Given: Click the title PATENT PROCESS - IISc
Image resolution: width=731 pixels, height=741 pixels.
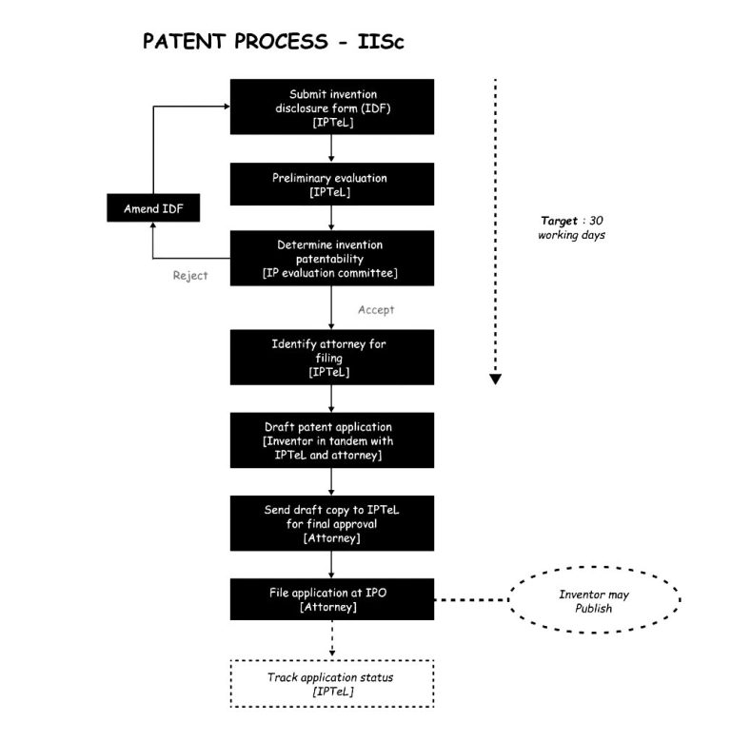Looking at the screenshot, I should click(x=276, y=42).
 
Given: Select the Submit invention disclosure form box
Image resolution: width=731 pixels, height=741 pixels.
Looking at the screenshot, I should click(x=331, y=107).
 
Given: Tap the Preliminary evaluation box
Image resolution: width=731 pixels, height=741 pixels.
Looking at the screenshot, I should click(x=331, y=184).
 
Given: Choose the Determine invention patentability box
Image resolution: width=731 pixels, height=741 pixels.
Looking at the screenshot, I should click(x=331, y=258).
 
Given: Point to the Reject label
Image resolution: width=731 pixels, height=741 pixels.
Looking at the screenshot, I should click(x=190, y=276).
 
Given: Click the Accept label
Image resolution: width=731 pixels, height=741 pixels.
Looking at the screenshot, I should click(x=376, y=309).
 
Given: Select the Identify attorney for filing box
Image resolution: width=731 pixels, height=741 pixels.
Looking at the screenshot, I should click(x=331, y=357).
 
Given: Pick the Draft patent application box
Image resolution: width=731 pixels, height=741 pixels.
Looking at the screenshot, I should click(x=331, y=439).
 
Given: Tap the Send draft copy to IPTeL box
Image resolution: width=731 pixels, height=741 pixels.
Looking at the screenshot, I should click(x=331, y=522).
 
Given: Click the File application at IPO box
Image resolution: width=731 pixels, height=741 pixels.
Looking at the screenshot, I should click(x=331, y=599).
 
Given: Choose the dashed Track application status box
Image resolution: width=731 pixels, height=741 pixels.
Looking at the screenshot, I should click(x=331, y=683).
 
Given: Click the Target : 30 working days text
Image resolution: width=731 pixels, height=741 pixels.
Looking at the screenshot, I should click(x=571, y=226).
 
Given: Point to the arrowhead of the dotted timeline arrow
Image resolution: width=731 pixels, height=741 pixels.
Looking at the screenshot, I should click(x=495, y=380).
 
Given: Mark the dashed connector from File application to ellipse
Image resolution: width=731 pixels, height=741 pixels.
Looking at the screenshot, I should click(x=471, y=600).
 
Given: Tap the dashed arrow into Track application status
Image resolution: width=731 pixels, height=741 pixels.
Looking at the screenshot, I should click(x=330, y=641).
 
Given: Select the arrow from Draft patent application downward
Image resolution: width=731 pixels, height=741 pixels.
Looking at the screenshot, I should click(x=330, y=480).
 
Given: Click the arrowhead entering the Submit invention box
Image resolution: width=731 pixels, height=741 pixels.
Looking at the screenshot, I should click(x=226, y=106).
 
